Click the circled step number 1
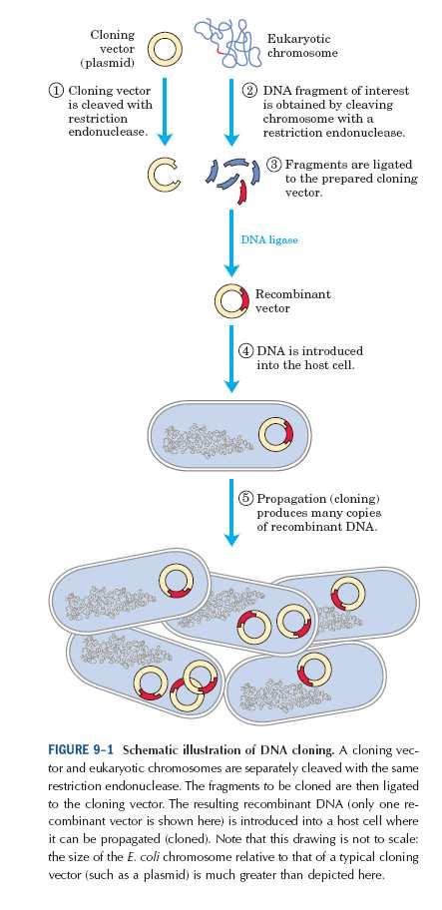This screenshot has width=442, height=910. [x=55, y=91]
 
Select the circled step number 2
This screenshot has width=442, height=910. [x=249, y=91]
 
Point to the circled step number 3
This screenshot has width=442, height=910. [x=273, y=164]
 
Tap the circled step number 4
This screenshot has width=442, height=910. [x=245, y=351]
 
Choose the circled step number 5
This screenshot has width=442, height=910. [x=245, y=499]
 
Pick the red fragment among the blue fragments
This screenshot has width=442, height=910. [x=242, y=193]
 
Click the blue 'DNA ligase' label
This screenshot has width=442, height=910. [x=269, y=239]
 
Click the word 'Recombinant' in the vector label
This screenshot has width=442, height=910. [x=293, y=294]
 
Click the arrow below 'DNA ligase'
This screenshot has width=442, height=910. [x=231, y=242]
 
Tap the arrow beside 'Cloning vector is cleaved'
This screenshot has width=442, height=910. [x=166, y=112]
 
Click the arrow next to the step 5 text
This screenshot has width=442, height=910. [x=231, y=512]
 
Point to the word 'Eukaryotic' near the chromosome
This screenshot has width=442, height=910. [x=298, y=39]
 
